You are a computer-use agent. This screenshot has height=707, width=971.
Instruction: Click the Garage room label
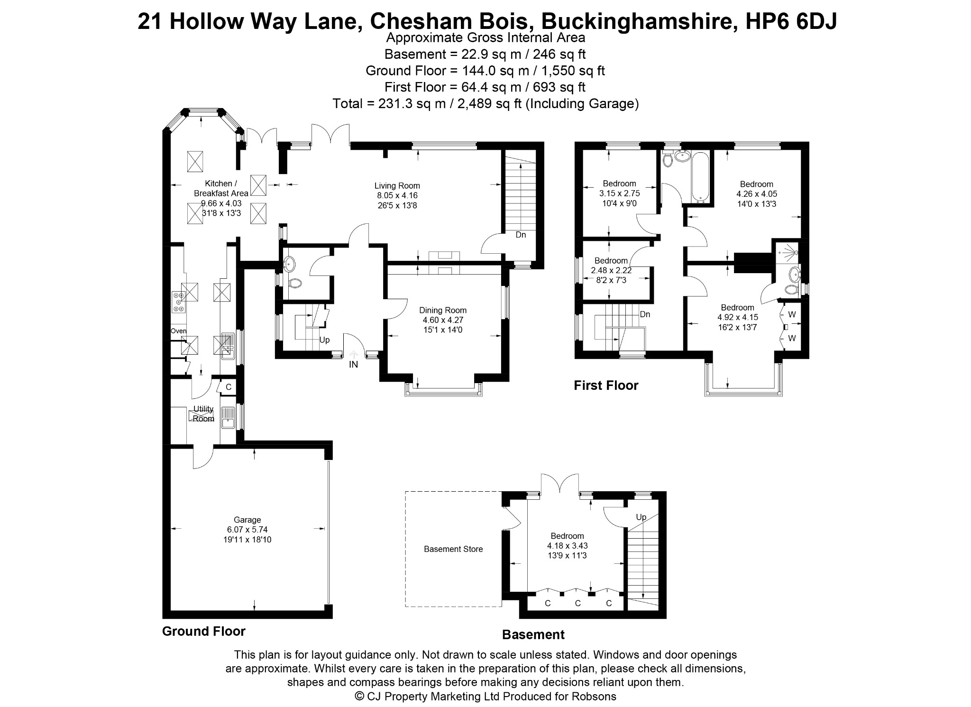(x=247, y=520)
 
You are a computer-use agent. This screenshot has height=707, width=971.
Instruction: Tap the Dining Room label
(x=443, y=311)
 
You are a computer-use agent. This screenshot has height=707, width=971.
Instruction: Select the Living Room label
(x=397, y=186)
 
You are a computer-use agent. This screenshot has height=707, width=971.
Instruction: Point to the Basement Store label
(x=453, y=549)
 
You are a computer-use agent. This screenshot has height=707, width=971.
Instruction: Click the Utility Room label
(x=203, y=414)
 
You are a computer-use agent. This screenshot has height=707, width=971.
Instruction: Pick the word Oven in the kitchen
(x=179, y=331)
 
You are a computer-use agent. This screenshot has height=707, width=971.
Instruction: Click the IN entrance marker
(x=354, y=365)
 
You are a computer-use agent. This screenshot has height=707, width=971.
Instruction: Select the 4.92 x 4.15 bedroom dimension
(x=738, y=317)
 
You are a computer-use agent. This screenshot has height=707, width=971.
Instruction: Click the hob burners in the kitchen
(x=179, y=301)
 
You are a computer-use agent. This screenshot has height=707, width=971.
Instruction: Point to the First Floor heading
(x=606, y=386)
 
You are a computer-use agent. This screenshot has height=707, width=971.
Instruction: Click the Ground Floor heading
(x=204, y=632)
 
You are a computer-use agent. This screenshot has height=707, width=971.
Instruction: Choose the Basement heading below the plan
(x=533, y=635)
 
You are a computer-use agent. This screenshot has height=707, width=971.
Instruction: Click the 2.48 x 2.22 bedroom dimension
(x=611, y=270)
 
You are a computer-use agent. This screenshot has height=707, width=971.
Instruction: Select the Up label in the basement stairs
(x=641, y=517)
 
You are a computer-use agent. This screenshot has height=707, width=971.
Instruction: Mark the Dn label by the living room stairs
(x=521, y=235)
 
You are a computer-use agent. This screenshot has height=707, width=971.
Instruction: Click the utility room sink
(x=229, y=417)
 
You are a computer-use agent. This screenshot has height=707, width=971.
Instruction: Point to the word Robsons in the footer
(x=594, y=697)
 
